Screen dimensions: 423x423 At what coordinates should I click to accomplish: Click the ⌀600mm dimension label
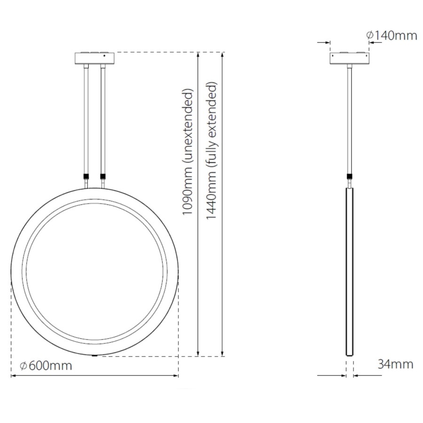click(x=46, y=365)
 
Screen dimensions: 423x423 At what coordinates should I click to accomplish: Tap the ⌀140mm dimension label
click(x=391, y=35)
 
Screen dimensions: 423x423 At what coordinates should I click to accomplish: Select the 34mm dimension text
click(x=395, y=364)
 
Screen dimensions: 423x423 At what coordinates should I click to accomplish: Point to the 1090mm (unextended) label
click(x=188, y=151)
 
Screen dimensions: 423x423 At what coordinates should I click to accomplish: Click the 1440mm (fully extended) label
click(x=212, y=151)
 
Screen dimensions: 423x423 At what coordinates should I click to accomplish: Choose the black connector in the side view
click(x=350, y=177)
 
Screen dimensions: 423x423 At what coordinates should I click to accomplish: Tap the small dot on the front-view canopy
click(x=104, y=56)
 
